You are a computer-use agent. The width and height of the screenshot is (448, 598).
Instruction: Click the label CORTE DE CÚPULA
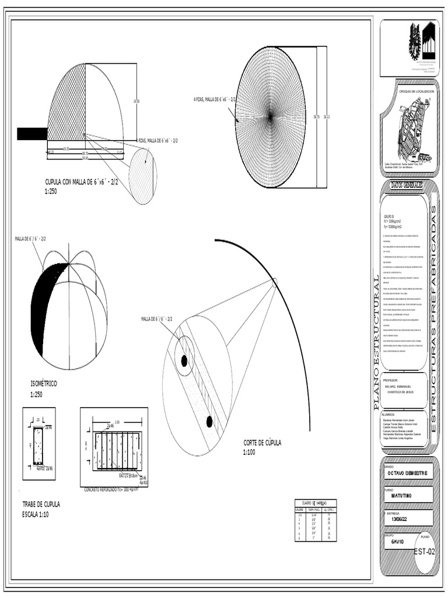point(262,443)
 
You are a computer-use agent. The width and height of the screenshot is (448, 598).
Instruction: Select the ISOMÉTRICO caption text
point(44,384)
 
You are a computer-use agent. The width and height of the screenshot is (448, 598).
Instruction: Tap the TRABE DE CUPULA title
point(41,504)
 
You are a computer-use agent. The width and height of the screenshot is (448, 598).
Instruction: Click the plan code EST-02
point(424,551)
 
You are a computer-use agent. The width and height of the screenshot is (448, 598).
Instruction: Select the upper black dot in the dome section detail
point(184,361)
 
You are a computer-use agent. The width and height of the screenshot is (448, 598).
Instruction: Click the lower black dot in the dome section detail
point(209,421)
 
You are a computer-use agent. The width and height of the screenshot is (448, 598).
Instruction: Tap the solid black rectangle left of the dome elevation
point(32,134)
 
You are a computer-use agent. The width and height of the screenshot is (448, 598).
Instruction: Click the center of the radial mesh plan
point(270,117)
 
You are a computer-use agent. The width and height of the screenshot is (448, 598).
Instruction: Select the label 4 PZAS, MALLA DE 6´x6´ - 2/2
point(215,100)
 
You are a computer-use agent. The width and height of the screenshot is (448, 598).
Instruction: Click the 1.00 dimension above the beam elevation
point(117,422)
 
